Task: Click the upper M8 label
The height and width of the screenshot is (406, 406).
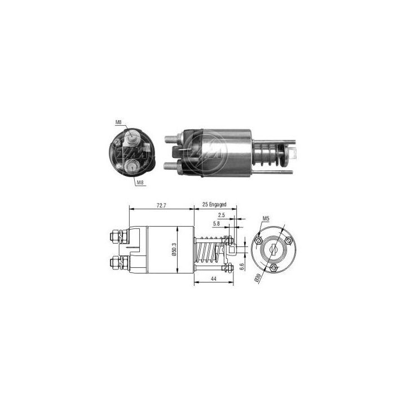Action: pos(118,122)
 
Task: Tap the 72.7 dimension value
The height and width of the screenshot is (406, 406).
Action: pos(161,205)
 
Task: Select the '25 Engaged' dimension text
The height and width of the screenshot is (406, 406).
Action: pos(215,205)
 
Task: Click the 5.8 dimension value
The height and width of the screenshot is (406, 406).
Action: pos(217,224)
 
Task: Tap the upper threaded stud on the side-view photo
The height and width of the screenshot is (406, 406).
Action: pos(171,137)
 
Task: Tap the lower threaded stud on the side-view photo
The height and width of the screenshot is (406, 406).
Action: pos(171,166)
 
